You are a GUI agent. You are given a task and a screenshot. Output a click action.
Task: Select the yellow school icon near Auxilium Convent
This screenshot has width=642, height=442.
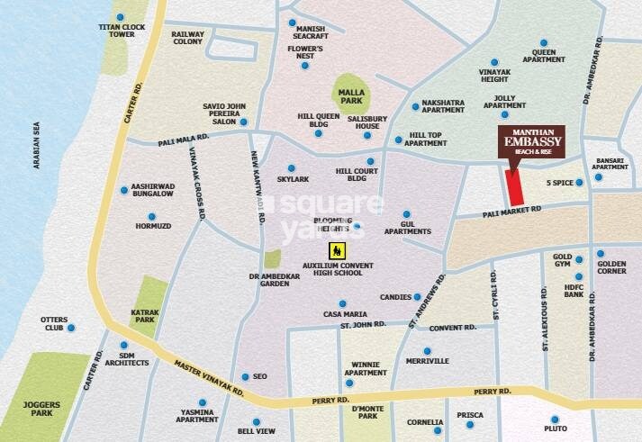tap(335, 248)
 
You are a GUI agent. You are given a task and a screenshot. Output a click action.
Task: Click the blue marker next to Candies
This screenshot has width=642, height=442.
tap(419, 296)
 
